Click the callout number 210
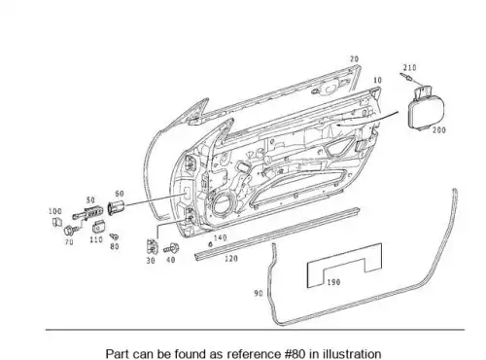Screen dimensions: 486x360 pos(409,67)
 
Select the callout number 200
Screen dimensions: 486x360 pos(439,129)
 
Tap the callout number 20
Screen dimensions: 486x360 pos(354,59)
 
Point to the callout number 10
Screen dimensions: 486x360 pos(377,80)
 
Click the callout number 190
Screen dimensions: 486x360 pos(333,282)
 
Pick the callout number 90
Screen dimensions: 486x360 pos(259,293)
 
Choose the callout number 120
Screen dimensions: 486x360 pos(231,259)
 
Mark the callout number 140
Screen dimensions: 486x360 pos(221,237)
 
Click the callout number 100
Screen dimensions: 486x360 pos(55,211)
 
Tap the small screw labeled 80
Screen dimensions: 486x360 pos(114,236)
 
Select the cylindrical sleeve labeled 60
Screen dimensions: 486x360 pos(117,207)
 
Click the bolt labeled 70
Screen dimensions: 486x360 pos(70,231)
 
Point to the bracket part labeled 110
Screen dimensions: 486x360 pos(98,227)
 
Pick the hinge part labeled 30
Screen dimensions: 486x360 pos(152,247)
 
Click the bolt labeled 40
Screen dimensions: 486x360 pos(171,248)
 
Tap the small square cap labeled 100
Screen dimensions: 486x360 pos(57,222)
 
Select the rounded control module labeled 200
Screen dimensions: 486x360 pos(426,109)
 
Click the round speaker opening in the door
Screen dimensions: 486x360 pos(223,202)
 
